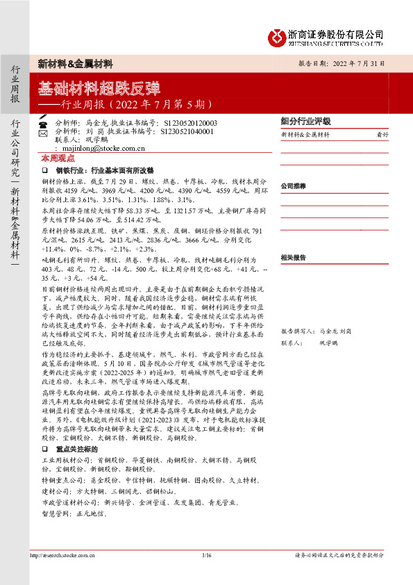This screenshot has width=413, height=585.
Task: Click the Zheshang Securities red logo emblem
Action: click(279, 36)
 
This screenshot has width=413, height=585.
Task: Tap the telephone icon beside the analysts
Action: click(42, 123)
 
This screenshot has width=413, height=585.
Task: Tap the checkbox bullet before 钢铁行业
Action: click(45, 170)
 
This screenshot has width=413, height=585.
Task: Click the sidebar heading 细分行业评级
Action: click(305, 121)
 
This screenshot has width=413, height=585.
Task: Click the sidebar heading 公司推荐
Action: click(293, 187)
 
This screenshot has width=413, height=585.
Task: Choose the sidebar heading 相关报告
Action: click(293, 257)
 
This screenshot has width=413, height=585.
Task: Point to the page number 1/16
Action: click(206, 556)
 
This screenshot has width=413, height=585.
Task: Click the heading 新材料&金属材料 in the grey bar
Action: click(75, 63)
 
